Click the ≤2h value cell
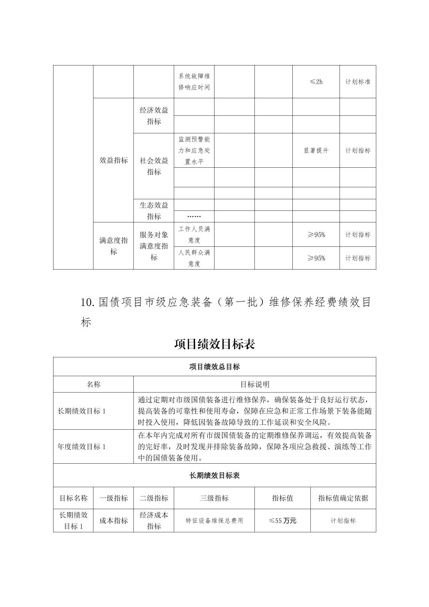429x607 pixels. (x=316, y=82)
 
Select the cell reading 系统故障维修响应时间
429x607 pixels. (x=194, y=81)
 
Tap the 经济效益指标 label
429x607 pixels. (x=154, y=116)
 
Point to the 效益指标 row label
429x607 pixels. (x=113, y=161)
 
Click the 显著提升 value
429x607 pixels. (x=316, y=151)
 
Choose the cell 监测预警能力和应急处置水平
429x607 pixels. (x=194, y=151)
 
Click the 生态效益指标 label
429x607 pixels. (x=154, y=211)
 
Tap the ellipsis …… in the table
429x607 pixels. (x=194, y=216)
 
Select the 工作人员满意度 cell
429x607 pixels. (x=194, y=234)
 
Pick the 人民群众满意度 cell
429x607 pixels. (x=194, y=258)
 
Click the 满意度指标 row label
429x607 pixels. (x=113, y=246)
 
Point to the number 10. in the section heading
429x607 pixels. (x=87, y=302)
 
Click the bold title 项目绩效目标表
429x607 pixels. (x=214, y=344)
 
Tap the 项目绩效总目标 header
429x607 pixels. (x=214, y=367)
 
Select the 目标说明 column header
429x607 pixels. (x=254, y=384)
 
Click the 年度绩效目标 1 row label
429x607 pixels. (x=82, y=446)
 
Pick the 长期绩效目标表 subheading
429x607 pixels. (x=214, y=475)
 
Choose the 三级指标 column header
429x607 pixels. (x=214, y=498)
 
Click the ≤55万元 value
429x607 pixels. (x=282, y=521)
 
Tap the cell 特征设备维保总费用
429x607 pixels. (x=214, y=521)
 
